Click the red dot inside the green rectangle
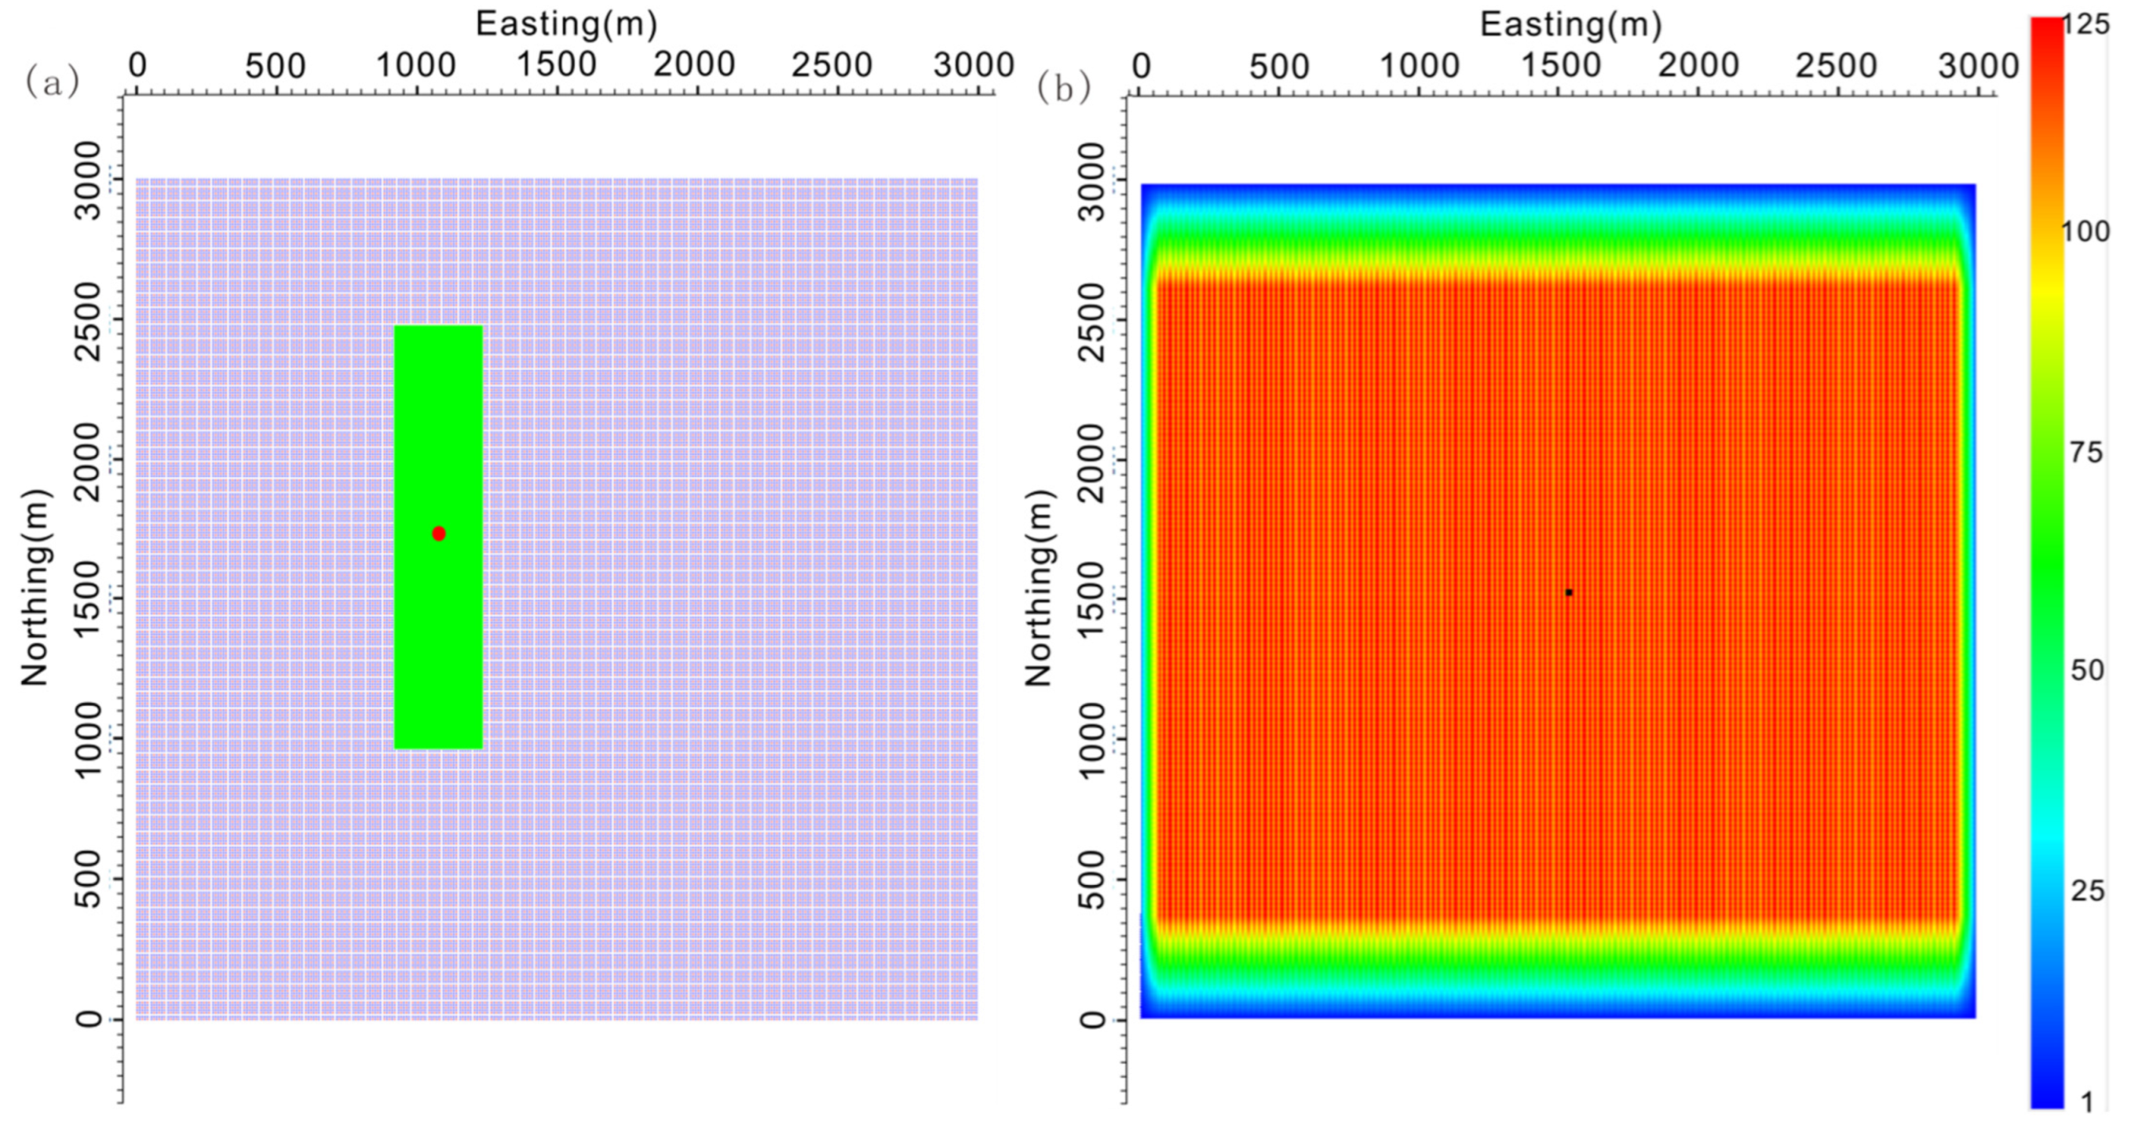pos(438,533)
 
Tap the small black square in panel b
pos(1569,592)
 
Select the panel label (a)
pos(52,82)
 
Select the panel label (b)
pos(1063,88)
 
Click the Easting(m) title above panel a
pos(567,24)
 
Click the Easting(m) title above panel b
pos(1570,24)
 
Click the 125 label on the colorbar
pos(2085,25)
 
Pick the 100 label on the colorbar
pos(2085,231)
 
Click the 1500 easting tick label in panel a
pos(556,64)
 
